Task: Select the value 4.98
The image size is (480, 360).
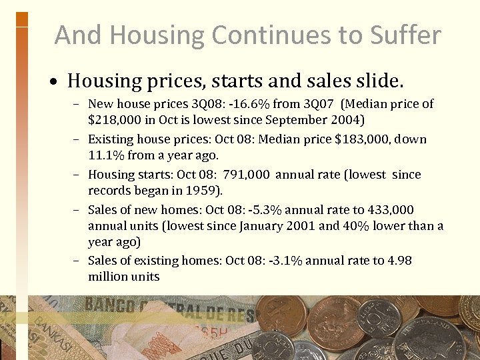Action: click(399, 261)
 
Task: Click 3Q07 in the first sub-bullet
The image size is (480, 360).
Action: click(321, 104)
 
